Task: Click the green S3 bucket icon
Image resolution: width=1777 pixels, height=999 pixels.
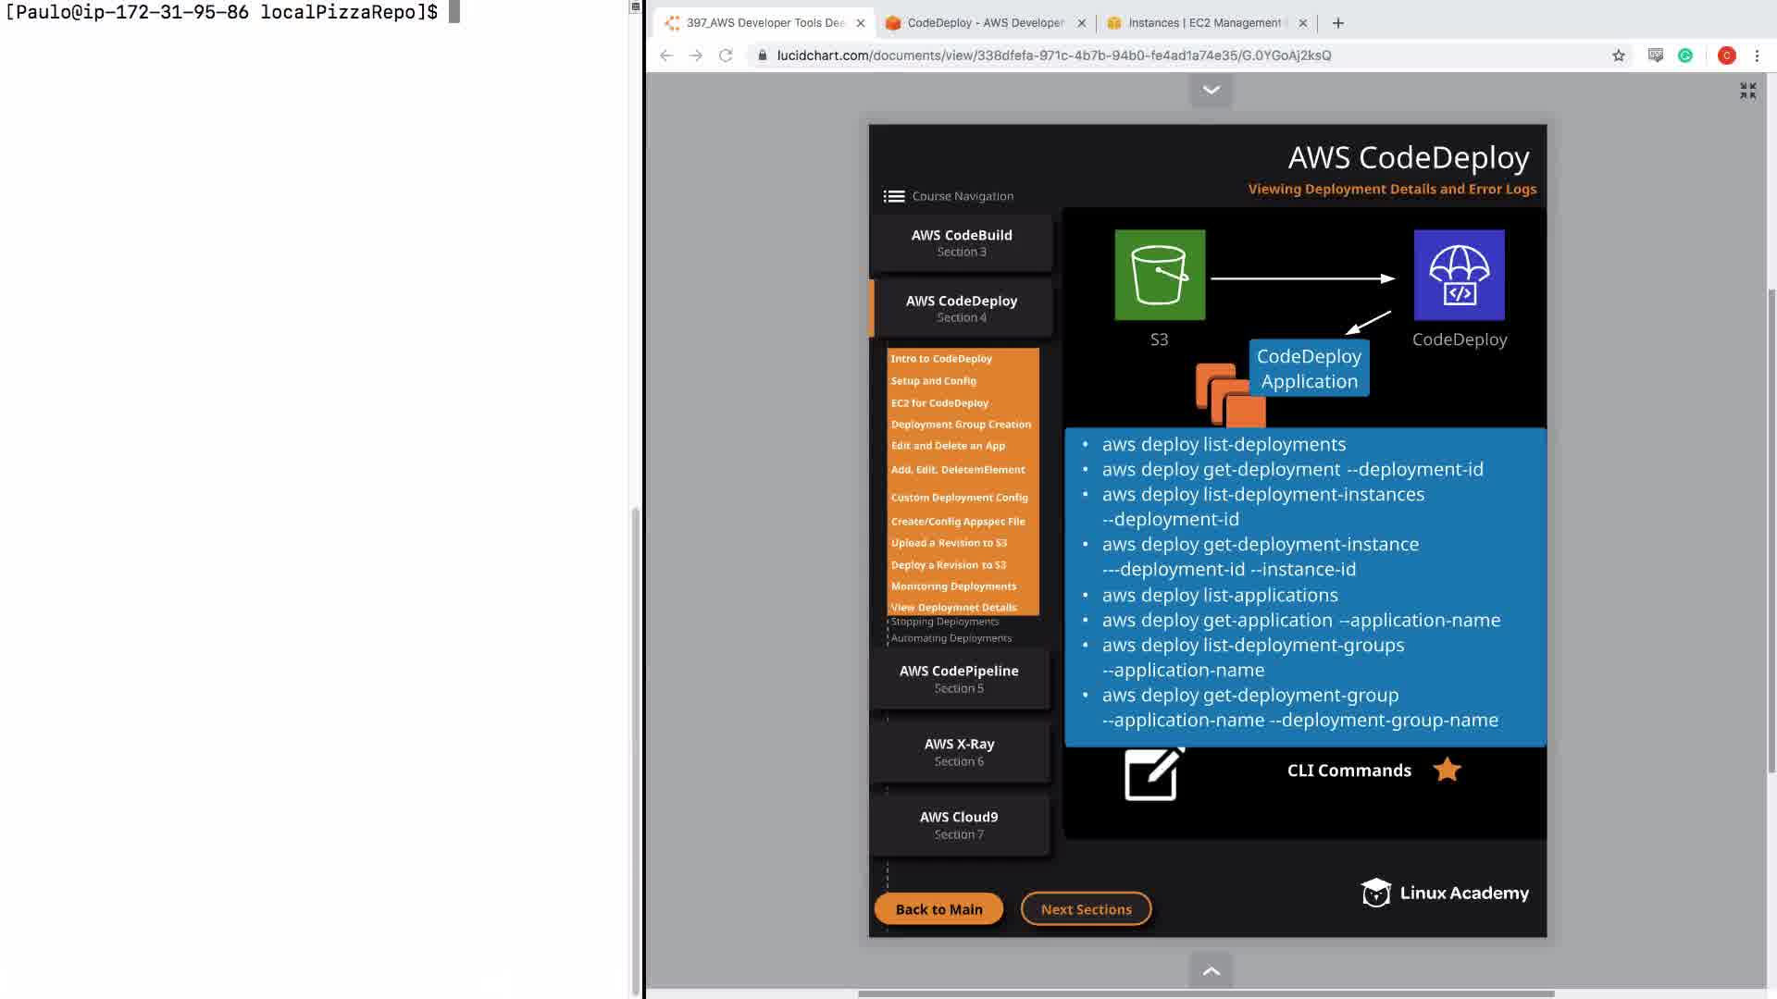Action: pos(1160,275)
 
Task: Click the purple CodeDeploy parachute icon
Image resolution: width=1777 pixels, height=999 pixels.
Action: pos(1459,275)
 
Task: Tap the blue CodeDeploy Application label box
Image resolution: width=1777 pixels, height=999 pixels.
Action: pos(1309,368)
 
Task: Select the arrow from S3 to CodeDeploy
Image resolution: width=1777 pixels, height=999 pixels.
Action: pos(1302,278)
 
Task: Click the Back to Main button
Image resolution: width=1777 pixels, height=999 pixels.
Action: pos(938,909)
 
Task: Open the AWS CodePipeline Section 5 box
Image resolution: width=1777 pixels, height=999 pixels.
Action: pos(959,679)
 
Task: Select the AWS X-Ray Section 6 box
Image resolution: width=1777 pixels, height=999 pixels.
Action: pos(959,752)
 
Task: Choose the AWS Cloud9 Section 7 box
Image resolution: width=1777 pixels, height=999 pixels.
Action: pos(959,825)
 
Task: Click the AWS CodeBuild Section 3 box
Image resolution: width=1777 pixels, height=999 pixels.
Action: pos(962,243)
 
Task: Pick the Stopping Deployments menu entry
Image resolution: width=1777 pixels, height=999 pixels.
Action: pos(945,622)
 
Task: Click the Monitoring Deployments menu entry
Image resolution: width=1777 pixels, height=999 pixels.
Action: pos(953,586)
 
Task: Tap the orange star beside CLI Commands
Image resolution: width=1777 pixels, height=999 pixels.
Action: pos(1447,770)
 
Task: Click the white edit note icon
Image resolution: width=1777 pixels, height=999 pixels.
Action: pos(1152,773)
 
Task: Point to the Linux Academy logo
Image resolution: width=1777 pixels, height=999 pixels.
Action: pos(1445,893)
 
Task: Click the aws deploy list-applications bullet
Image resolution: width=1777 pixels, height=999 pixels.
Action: pos(1220,595)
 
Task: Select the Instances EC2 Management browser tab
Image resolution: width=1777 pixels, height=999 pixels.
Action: pos(1203,23)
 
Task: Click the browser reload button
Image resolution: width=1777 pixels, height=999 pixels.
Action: pos(726,55)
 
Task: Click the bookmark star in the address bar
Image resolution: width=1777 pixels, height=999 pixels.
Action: pos(1619,55)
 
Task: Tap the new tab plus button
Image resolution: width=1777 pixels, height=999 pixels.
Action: pos(1338,23)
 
